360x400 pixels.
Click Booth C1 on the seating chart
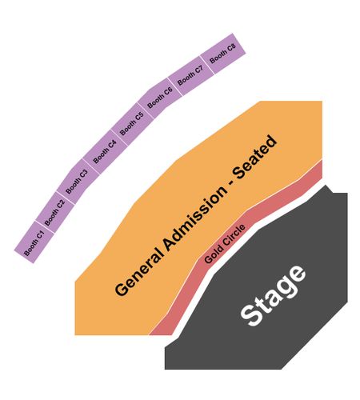[34, 242]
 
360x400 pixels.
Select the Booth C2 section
[55, 212]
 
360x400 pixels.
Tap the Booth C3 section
[78, 182]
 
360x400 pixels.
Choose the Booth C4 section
[105, 152]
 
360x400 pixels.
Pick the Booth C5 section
[132, 124]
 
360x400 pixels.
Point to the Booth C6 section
[160, 98]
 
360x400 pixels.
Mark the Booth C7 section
[190, 76]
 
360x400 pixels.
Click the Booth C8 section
[222, 54]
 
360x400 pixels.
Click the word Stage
[273, 295]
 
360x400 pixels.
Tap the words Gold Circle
[225, 244]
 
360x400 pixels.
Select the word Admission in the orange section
[197, 218]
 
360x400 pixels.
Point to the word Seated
[255, 157]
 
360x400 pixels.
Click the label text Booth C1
[34, 243]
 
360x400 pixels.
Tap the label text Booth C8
[223, 54]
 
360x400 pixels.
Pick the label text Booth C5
[132, 123]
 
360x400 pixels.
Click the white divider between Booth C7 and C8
[207, 66]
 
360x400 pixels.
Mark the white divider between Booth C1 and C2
[46, 227]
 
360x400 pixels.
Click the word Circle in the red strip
[234, 235]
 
